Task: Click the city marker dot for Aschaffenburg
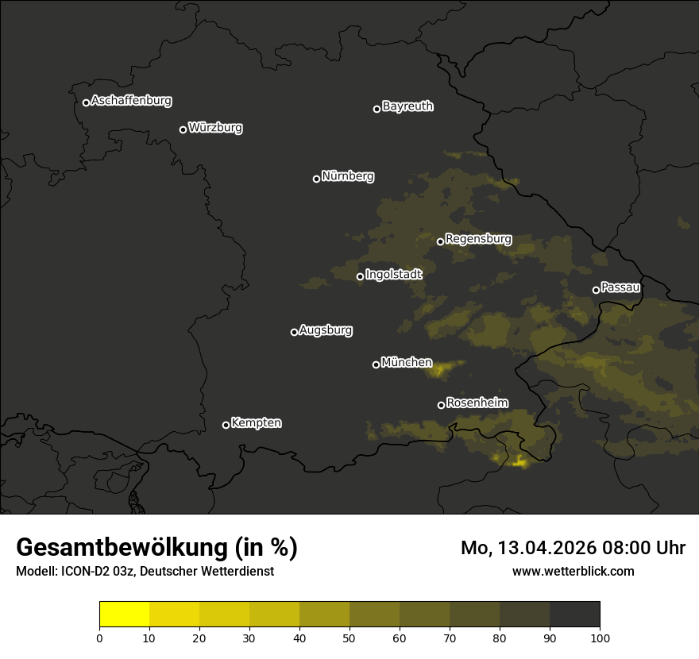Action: pos(86,102)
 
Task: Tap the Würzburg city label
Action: pos(215,128)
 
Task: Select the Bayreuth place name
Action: pos(407,106)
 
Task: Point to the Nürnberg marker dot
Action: pos(316,179)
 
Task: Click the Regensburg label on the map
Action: pos(478,239)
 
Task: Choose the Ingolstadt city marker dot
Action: pos(360,276)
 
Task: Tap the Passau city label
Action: pos(620,287)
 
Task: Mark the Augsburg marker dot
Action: pos(294,332)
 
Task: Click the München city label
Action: pos(407,363)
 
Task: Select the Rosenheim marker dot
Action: pos(441,405)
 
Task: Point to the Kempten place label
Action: pos(256,423)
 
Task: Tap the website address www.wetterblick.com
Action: pos(573,571)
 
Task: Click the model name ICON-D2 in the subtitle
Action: pos(87,572)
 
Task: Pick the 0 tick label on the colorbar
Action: pos(99,638)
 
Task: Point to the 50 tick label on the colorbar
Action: pos(349,638)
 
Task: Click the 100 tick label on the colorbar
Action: pos(600,638)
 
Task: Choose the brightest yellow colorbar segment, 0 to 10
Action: pos(124,615)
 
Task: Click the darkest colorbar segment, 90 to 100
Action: pos(574,615)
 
